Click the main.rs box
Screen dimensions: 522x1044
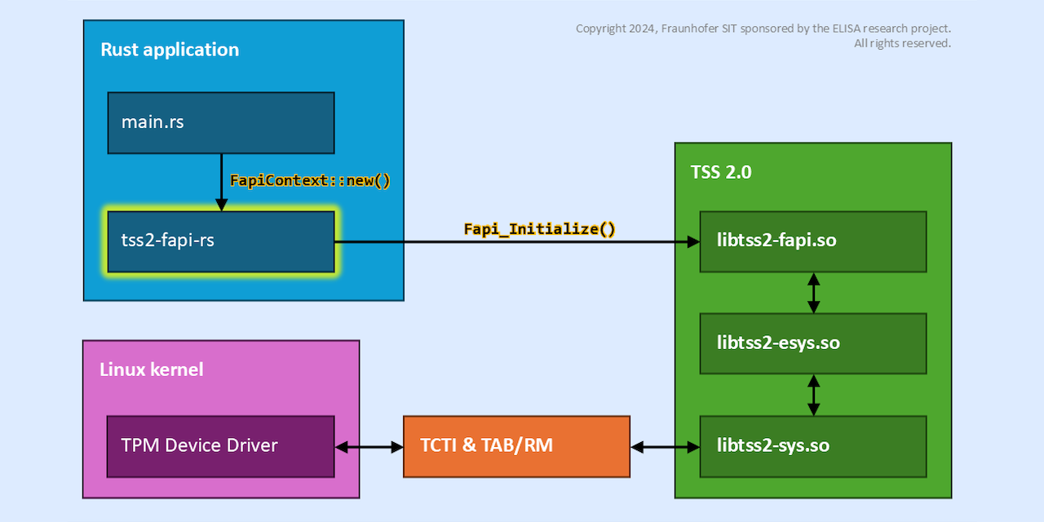pyautogui.click(x=220, y=122)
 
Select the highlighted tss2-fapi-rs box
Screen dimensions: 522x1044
pyautogui.click(x=220, y=241)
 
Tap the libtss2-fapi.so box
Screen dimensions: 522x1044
pyautogui.click(x=812, y=241)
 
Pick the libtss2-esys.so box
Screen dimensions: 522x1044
pyautogui.click(x=812, y=343)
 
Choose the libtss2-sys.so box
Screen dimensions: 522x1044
pyautogui.click(x=812, y=446)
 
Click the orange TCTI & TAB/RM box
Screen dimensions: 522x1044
pyautogui.click(x=516, y=446)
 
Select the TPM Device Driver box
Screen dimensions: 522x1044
pyautogui.click(x=220, y=446)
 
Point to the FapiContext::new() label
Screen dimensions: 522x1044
pyautogui.click(x=310, y=181)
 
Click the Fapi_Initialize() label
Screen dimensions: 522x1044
pyautogui.click(x=539, y=229)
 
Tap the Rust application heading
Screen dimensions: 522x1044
pyautogui.click(x=170, y=50)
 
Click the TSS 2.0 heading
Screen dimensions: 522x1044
pyautogui.click(x=721, y=173)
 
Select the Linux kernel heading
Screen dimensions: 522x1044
pyautogui.click(x=151, y=369)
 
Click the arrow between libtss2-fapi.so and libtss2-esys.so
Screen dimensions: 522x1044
pyautogui.click(x=812, y=293)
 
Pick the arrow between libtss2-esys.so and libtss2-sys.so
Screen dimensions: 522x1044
pyautogui.click(x=812, y=395)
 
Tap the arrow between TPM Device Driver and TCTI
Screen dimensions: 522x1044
pyautogui.click(x=369, y=447)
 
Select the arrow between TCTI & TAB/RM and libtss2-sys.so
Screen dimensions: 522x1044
pyautogui.click(x=665, y=447)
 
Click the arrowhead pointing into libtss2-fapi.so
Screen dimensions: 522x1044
pyautogui.click(x=693, y=242)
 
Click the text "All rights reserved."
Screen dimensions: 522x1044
pyautogui.click(x=902, y=43)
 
